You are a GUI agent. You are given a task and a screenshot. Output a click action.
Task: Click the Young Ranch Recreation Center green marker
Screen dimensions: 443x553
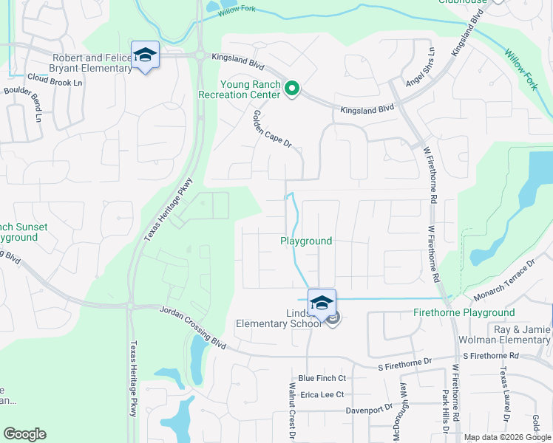pos(292,89)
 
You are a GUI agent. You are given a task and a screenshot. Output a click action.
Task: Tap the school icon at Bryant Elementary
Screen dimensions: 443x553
pos(145,55)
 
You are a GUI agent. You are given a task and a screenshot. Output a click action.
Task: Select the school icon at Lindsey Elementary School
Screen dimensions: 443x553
pos(322,303)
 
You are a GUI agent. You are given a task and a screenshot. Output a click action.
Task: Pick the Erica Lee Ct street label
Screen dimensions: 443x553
pos(322,394)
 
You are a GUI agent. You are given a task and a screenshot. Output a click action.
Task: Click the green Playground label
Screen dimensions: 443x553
pos(306,241)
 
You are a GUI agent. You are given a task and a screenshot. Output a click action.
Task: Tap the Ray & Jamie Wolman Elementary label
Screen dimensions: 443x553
pos(511,334)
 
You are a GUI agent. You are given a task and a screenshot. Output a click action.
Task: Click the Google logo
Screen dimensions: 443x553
pos(24,434)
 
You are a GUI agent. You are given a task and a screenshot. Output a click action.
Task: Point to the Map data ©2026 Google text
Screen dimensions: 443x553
pos(506,437)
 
